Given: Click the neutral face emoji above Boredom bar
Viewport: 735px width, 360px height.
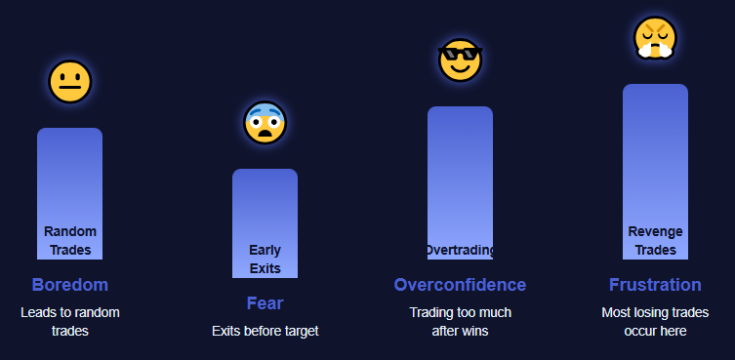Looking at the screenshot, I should (x=69, y=82).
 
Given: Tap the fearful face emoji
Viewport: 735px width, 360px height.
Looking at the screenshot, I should (x=265, y=123).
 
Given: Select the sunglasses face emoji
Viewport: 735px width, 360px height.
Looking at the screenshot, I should (x=460, y=60).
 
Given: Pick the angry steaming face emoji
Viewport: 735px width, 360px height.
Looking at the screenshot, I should (x=655, y=39).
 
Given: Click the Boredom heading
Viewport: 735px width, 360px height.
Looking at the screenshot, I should (x=69, y=285).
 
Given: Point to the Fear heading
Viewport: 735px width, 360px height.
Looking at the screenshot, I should (x=265, y=303).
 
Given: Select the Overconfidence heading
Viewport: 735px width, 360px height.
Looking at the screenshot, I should (x=460, y=285).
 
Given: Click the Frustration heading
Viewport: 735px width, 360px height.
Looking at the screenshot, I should (x=655, y=285).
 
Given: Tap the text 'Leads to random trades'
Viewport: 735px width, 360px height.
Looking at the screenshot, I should (x=69, y=322).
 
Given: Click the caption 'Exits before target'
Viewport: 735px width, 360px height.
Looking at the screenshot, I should (x=265, y=332).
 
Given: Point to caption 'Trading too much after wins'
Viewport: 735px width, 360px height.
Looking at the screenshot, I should (x=460, y=322).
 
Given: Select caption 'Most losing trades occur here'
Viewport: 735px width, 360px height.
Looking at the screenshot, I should (x=655, y=322).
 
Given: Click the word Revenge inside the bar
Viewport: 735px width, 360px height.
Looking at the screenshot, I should (x=655, y=232).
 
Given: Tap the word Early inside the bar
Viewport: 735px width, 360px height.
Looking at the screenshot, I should (x=265, y=251).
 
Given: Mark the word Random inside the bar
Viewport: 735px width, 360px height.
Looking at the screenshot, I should (x=70, y=232).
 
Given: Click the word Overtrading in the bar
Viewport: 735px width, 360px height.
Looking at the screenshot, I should (x=460, y=251).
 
